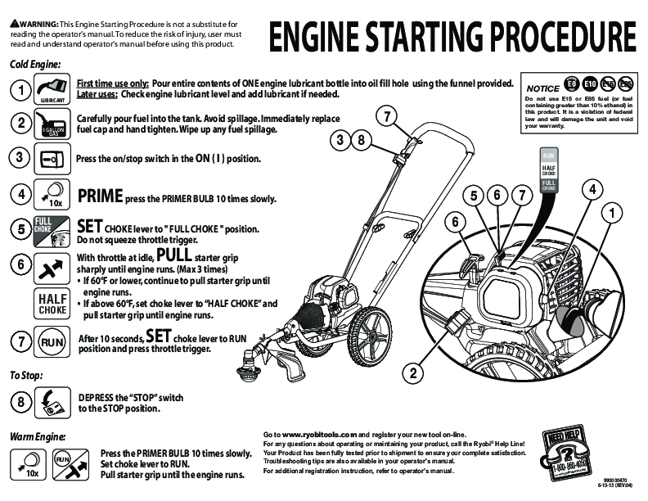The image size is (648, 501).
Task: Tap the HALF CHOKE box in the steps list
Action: (x=52, y=304)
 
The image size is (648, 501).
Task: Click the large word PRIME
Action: (x=100, y=196)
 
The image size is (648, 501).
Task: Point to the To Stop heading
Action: (x=26, y=375)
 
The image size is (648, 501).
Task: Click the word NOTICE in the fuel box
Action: (x=542, y=88)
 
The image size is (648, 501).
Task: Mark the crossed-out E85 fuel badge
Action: (x=626, y=83)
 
